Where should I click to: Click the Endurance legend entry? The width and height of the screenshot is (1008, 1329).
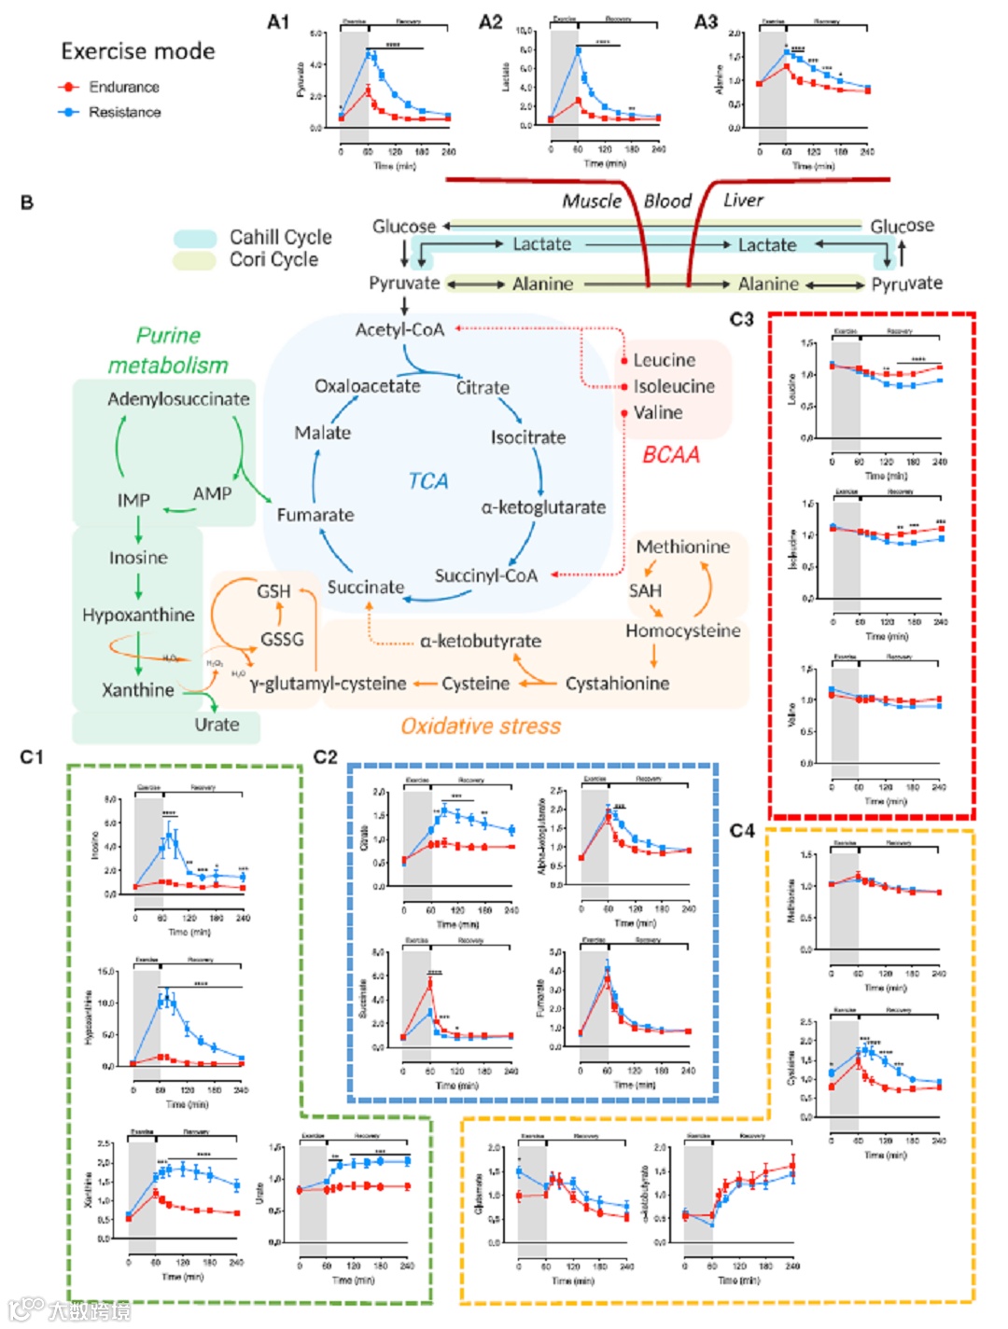pos(108,87)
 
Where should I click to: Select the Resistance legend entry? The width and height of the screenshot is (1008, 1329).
pos(108,112)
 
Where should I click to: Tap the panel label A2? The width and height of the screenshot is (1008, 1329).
pos(491,21)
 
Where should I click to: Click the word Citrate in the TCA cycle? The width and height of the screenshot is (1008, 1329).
pos(483,387)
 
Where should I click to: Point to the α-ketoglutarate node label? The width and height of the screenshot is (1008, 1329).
pos(543,507)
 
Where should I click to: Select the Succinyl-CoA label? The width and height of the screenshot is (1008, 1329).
pos(486,575)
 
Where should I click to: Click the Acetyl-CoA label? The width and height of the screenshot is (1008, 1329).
pos(399,329)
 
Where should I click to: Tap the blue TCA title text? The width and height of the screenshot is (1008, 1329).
pos(427,480)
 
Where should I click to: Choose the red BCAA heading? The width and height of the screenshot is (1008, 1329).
pos(670,454)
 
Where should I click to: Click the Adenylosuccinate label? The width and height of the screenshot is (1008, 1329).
pos(178,398)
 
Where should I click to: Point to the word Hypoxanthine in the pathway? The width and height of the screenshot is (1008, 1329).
pos(138,615)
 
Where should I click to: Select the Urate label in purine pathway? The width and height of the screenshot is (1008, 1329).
pos(217,725)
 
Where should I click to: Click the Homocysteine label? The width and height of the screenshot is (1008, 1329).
pos(683,630)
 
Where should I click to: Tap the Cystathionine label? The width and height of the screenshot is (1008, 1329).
pos(617,683)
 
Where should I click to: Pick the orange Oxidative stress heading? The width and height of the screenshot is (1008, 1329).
pos(481,726)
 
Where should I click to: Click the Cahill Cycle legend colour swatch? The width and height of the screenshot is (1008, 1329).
pos(195,238)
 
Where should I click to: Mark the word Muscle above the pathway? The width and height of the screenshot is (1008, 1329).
pos(592,201)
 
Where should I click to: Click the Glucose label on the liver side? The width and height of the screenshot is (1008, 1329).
pos(902,226)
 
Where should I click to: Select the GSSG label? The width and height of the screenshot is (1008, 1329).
pos(282,639)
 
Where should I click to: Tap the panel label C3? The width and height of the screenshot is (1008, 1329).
pos(741,320)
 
